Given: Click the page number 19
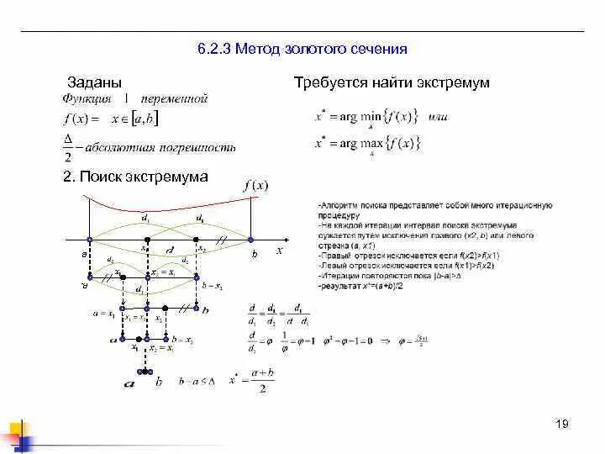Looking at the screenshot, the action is [562, 423].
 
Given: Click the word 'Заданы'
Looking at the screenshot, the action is [94, 82].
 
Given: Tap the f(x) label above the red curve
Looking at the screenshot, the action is [255, 186].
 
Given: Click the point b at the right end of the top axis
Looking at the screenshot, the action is [250, 241].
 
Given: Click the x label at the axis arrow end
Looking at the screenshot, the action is [279, 250].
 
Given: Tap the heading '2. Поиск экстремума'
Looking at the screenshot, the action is [135, 177].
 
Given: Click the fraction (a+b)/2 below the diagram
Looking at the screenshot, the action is [263, 382].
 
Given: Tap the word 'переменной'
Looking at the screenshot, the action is [174, 100].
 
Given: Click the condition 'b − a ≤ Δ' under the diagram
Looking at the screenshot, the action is [199, 381].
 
